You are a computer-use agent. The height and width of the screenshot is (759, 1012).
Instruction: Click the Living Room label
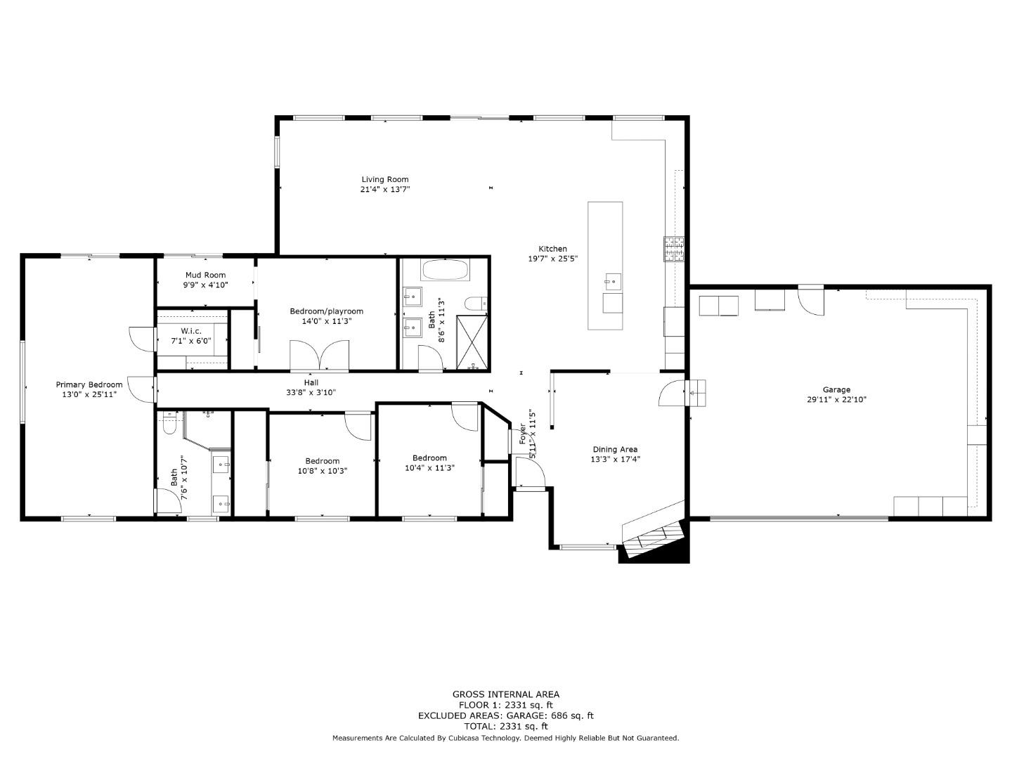(384, 179)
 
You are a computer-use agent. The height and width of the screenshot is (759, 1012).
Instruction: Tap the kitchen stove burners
(673, 249)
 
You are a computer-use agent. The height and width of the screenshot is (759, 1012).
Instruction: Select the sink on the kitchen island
(613, 281)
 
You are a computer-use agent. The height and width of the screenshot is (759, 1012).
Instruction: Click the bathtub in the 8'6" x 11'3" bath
(445, 270)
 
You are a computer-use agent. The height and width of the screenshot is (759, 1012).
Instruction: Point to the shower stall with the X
(472, 342)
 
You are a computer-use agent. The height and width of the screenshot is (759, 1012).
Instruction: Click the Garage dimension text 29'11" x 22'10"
(836, 400)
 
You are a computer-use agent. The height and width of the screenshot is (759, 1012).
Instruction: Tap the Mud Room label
(206, 275)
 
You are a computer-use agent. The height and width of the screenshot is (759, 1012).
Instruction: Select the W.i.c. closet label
(191, 331)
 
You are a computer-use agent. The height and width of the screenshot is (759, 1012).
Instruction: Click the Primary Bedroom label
(89, 384)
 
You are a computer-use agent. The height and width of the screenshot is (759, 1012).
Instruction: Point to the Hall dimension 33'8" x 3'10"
(311, 393)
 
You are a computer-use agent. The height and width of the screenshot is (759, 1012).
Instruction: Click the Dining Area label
(615, 449)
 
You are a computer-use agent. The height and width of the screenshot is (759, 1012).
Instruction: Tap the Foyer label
(522, 433)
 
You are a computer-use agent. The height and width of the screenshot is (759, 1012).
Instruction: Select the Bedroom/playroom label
(326, 311)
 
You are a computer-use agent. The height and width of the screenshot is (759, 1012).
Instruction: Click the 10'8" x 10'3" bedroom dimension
(323, 471)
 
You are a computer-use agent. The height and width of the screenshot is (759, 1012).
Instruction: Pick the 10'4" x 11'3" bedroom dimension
(429, 468)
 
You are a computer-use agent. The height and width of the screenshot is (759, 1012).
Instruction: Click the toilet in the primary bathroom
(169, 423)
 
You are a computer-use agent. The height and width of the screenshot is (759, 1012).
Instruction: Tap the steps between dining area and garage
(695, 393)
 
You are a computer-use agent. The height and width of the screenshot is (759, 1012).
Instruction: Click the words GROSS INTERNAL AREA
(506, 694)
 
